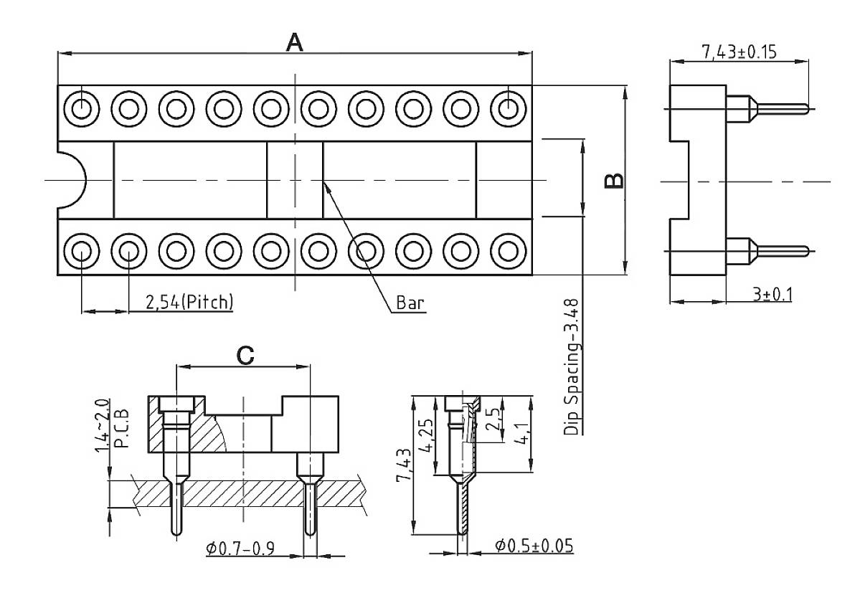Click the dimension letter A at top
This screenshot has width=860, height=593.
(294, 42)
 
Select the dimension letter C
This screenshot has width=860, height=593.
(245, 355)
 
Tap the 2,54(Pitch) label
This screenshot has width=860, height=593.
(189, 302)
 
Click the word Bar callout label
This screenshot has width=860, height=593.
(410, 303)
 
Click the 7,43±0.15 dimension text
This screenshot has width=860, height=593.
(741, 52)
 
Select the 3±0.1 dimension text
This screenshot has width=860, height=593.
(772, 294)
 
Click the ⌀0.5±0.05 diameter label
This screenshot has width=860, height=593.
(534, 546)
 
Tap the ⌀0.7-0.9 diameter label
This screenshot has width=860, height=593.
(241, 549)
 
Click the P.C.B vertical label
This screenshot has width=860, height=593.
(122, 429)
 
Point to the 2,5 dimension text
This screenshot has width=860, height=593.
(492, 419)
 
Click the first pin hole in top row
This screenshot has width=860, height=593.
(81, 109)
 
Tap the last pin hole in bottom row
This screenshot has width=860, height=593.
(508, 251)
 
